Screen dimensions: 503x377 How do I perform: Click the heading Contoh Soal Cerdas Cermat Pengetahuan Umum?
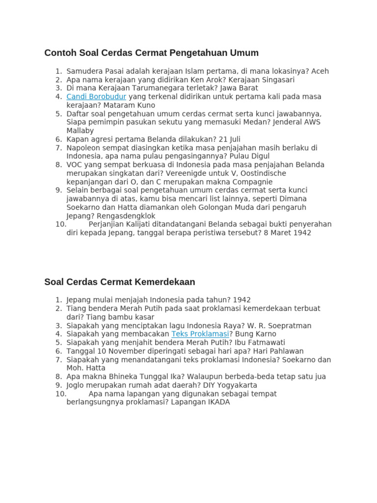151,53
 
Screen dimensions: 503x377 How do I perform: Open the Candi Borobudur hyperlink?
96,97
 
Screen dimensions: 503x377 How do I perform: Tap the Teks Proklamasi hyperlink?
200,334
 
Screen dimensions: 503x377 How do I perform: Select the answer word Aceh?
320,71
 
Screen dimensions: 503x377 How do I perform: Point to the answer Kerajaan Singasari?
264,80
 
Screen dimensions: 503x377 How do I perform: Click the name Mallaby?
80,131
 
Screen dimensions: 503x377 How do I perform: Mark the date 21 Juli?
224,139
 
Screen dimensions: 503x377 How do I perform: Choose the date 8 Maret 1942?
288,233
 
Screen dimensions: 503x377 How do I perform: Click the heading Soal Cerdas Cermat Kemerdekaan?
119,282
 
